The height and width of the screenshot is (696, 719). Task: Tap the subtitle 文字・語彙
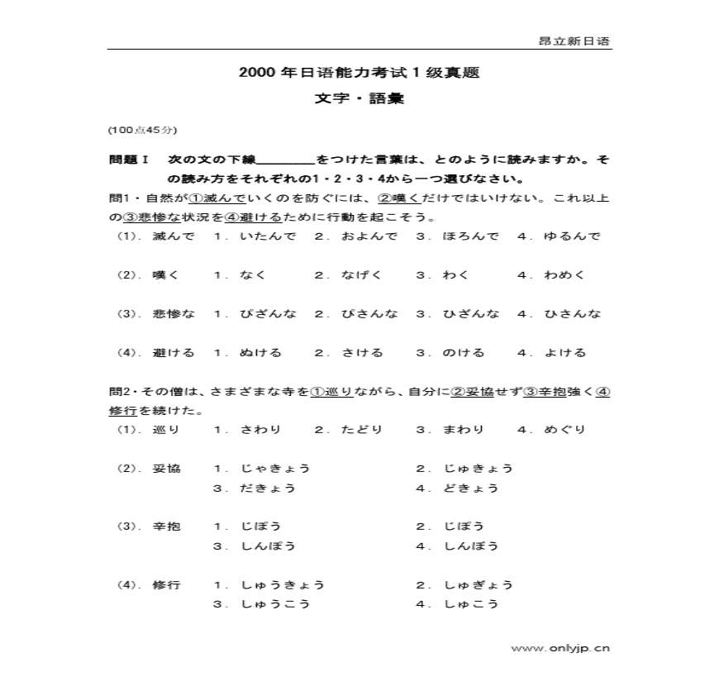(x=359, y=98)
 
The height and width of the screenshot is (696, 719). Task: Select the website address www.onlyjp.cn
(x=560, y=648)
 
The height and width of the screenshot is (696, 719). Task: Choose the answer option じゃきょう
(x=275, y=469)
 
